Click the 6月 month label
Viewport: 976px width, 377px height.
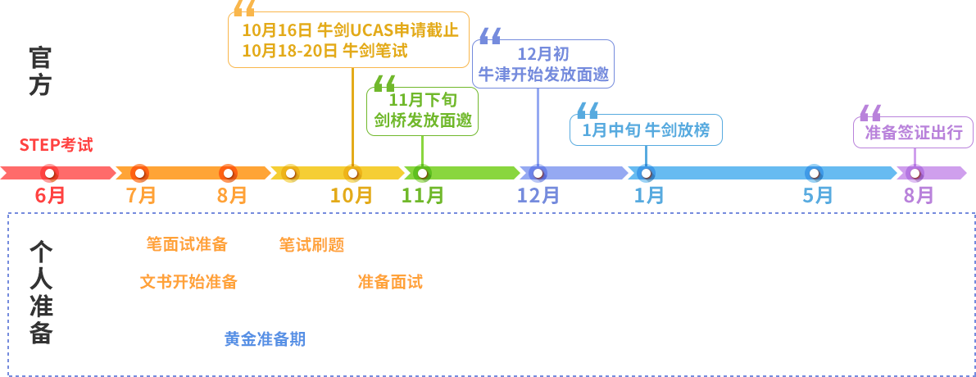pos(50,195)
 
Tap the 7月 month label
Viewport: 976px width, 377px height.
pos(141,195)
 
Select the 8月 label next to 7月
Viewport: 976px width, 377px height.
pos(232,195)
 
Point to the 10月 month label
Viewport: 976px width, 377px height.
pos(351,195)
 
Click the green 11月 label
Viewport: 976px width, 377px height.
pos(422,195)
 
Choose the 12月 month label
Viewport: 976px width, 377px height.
pos(538,195)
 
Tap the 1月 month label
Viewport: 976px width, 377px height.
pos(649,195)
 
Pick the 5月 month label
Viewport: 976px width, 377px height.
pos(817,195)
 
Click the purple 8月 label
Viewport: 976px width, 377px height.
pos(919,195)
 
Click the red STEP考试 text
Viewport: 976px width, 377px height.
pos(56,145)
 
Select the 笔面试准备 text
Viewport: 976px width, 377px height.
pos(187,244)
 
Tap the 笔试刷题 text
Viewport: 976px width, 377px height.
pos(311,244)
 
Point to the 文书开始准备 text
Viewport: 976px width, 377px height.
pos(188,282)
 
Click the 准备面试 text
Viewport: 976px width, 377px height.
pos(390,282)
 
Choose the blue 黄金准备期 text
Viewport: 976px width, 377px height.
pos(265,339)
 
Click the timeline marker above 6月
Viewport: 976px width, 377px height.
pos(49,173)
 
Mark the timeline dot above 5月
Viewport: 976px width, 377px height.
pos(814,173)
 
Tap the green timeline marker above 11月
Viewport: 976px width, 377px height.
pos(422,173)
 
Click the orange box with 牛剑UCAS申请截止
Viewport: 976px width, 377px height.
pos(348,40)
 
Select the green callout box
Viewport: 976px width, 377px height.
pos(422,111)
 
